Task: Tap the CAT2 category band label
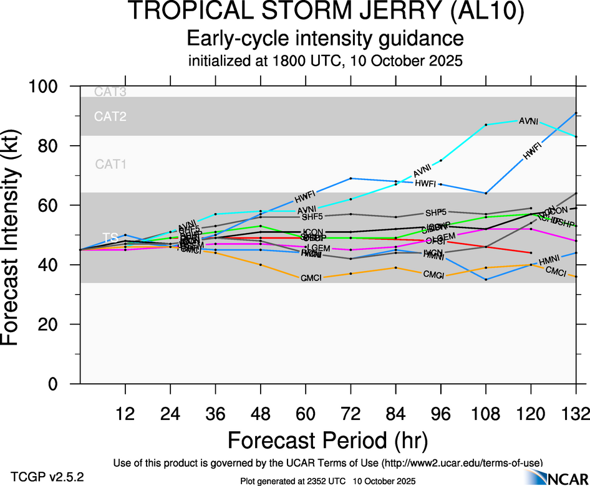[x=110, y=117]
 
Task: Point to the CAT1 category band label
[x=110, y=164]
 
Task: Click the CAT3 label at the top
[x=110, y=92]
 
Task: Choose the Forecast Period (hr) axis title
[x=327, y=440]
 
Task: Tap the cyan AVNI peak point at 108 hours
[x=486, y=125]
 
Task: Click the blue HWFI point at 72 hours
[x=351, y=178]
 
